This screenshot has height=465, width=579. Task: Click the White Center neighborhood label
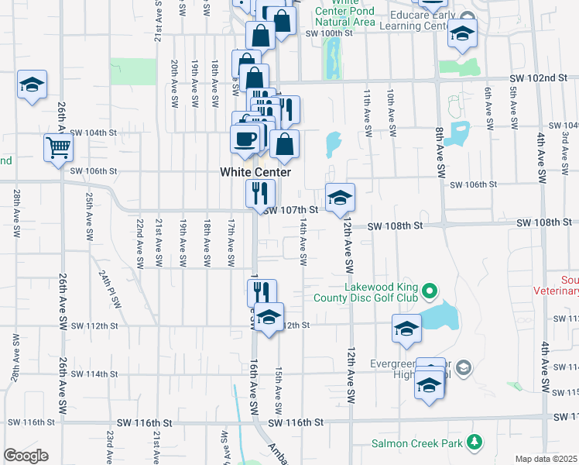pyautogui.click(x=255, y=172)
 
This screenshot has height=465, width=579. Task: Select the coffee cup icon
pyautogui.click(x=245, y=139)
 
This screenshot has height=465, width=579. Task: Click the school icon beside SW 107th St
pyautogui.click(x=340, y=198)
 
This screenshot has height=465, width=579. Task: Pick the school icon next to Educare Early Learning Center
pyautogui.click(x=462, y=33)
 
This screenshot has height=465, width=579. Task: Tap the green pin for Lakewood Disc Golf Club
pyautogui.click(x=431, y=292)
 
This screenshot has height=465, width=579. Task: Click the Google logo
pyautogui.click(x=26, y=456)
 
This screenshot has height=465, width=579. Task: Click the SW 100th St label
pyautogui.click(x=328, y=33)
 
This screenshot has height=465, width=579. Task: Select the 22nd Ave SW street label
pyautogui.click(x=140, y=243)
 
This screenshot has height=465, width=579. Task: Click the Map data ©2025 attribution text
pyautogui.click(x=546, y=459)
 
